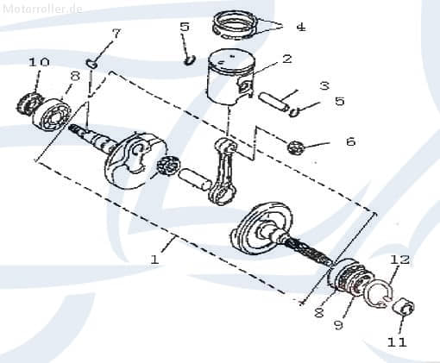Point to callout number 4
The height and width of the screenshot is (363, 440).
pos(299,27)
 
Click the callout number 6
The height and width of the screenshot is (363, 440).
pos(349,141)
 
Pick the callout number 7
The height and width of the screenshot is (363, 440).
pos(116,33)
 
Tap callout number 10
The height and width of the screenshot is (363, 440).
pos(39,62)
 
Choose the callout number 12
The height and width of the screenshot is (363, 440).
pos(399,260)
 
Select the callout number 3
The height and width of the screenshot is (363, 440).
pos(324,85)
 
